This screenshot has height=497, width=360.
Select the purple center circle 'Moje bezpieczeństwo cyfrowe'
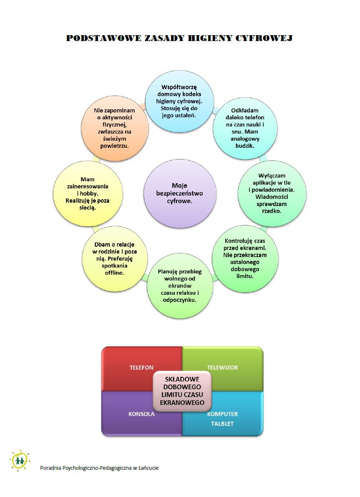[180, 193]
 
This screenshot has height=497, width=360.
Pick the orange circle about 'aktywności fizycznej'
[115, 128]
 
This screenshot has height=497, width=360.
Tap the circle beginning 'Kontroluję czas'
[245, 258]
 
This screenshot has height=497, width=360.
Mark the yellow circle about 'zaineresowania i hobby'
[88, 193]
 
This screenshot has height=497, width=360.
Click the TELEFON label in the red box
[141, 367]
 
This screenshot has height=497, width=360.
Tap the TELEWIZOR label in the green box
[222, 367]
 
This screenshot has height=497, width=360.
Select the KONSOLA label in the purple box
[141, 414]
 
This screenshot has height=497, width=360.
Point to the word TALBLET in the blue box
[222, 423]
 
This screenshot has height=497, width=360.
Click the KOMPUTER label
[223, 414]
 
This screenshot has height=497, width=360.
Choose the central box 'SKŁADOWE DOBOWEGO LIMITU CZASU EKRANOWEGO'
[182, 390]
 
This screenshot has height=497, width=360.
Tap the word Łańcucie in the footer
[149, 468]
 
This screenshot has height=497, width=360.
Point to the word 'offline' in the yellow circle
[114, 273]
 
